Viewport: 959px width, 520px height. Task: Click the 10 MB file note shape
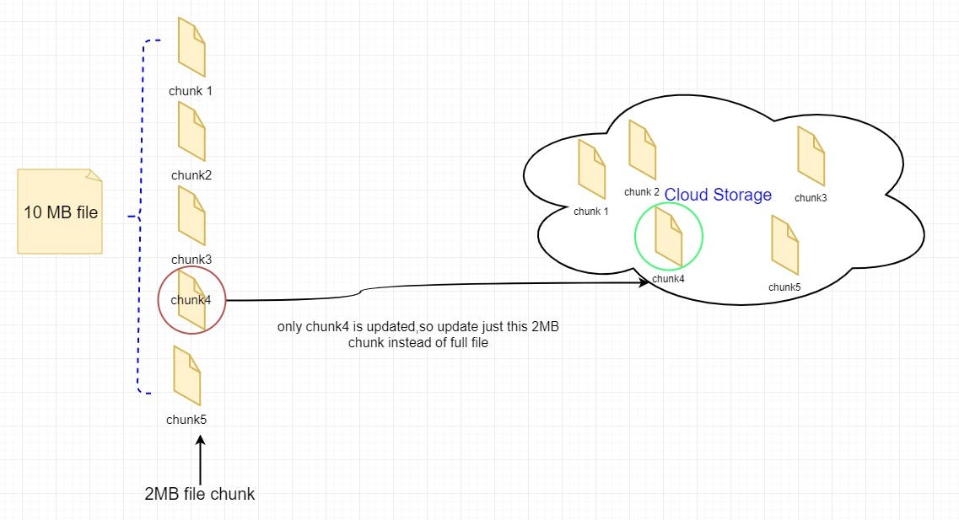(x=60, y=212)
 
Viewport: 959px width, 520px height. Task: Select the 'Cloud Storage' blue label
(x=718, y=196)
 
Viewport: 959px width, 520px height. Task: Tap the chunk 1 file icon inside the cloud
(x=591, y=164)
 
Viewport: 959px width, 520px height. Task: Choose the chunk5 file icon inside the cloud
(x=784, y=245)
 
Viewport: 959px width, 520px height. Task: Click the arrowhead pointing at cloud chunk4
(x=644, y=283)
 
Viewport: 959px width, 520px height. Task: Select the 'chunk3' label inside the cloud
(x=811, y=198)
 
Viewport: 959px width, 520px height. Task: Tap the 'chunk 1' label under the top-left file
(x=191, y=90)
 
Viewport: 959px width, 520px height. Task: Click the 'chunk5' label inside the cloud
(x=784, y=287)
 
